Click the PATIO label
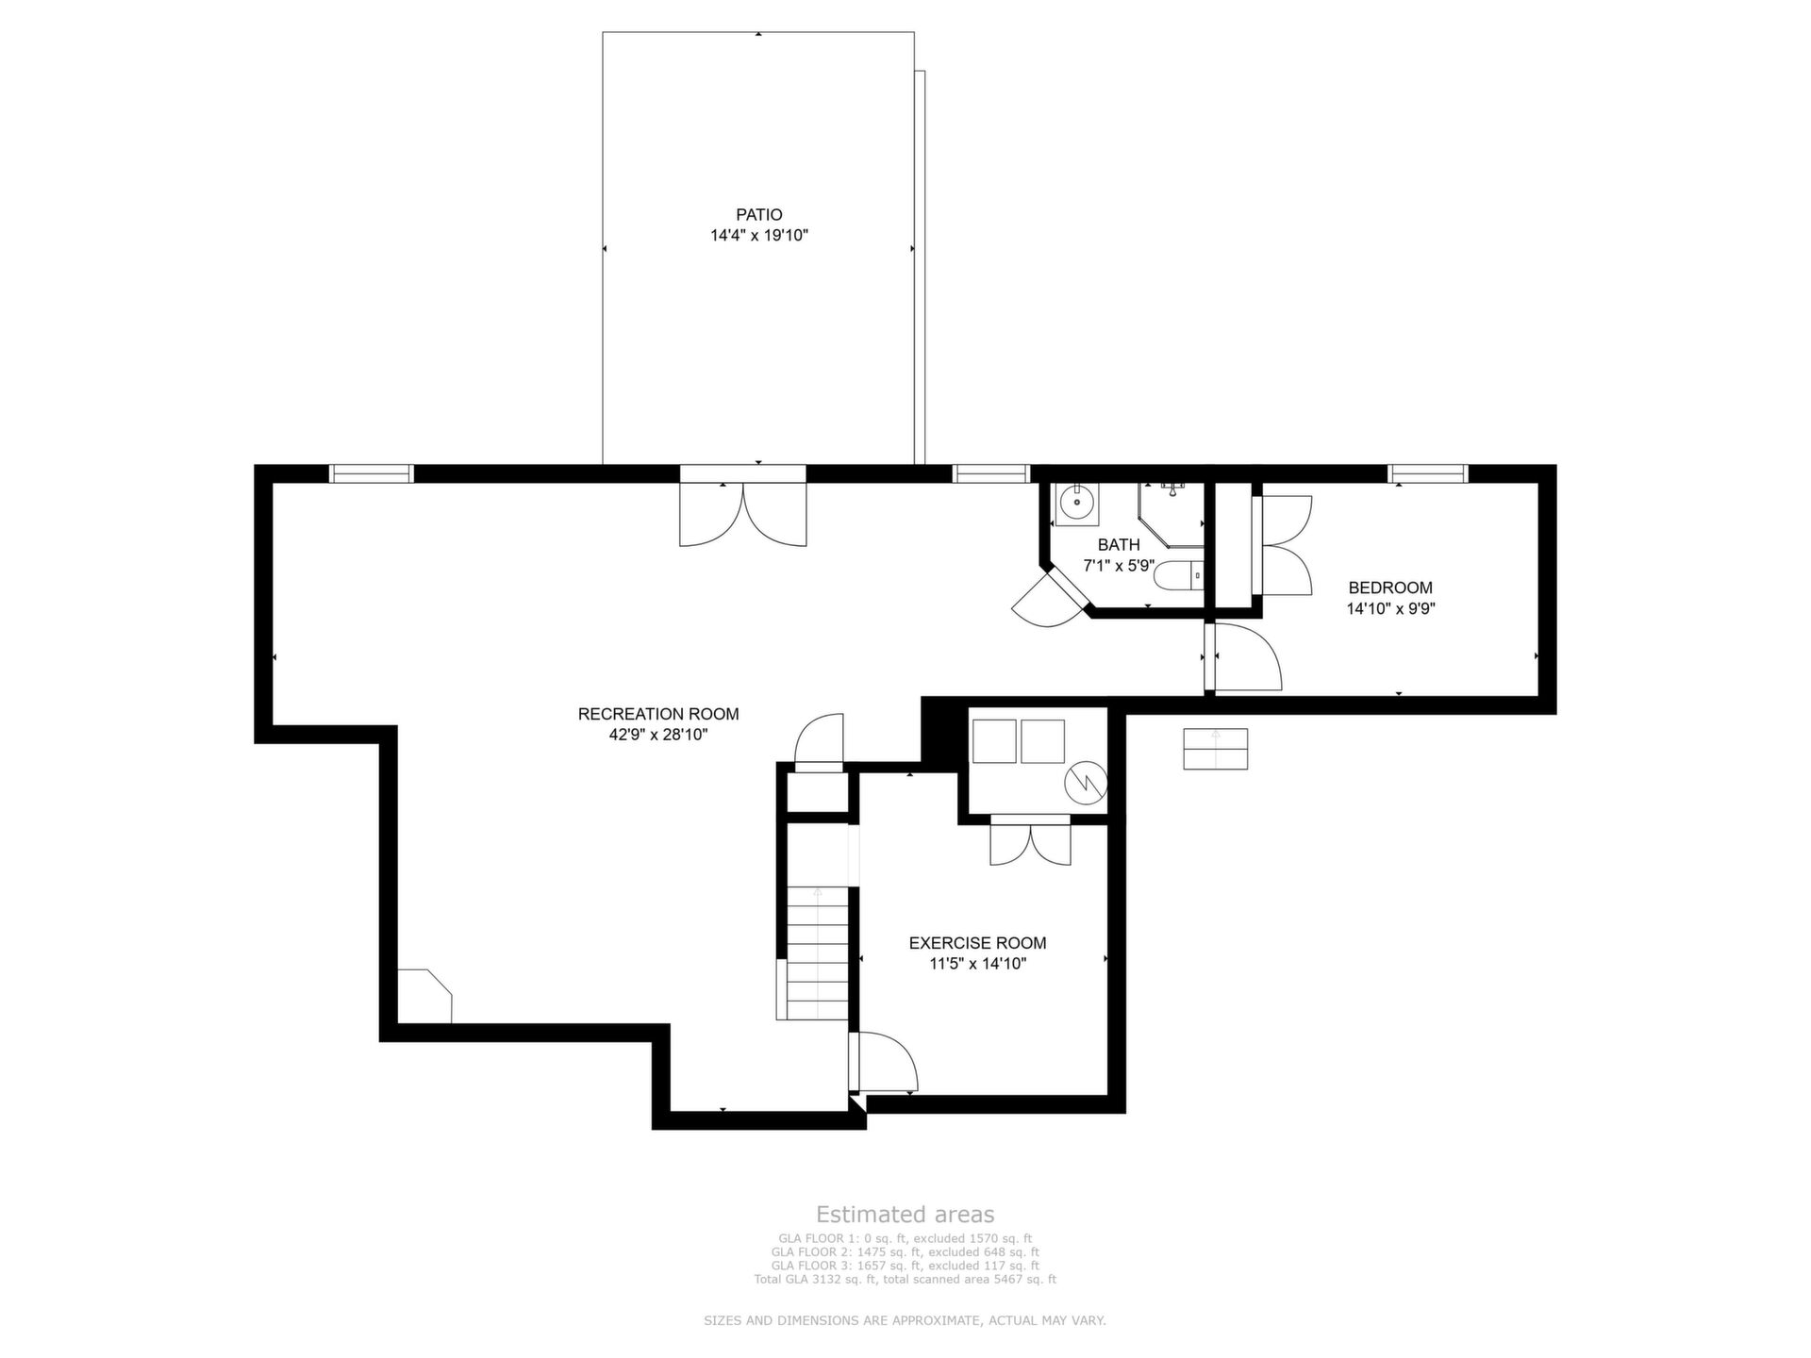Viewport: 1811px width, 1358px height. pyautogui.click(x=759, y=215)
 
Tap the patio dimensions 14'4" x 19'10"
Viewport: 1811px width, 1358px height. pyautogui.click(x=759, y=236)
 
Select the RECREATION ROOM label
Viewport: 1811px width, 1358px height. pyautogui.click(x=658, y=715)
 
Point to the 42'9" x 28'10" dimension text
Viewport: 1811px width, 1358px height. pyautogui.click(x=658, y=736)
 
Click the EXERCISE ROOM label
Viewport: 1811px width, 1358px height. pyautogui.click(x=977, y=943)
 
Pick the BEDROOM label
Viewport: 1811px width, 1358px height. pyautogui.click(x=1390, y=588)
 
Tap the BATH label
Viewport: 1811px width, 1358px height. pyautogui.click(x=1119, y=545)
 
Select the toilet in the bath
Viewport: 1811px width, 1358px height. pyautogui.click(x=1180, y=573)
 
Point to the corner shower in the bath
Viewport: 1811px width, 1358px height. pyautogui.click(x=1172, y=514)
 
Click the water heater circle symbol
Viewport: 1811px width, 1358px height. pyautogui.click(x=1086, y=782)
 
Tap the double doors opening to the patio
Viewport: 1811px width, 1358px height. pyautogui.click(x=743, y=514)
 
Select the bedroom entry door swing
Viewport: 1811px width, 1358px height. pyautogui.click(x=1246, y=656)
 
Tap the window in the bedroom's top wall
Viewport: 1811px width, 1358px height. pyautogui.click(x=1427, y=473)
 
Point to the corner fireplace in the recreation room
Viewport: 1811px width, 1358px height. pyautogui.click(x=424, y=996)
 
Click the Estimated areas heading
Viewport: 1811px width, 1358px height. pyautogui.click(x=905, y=1215)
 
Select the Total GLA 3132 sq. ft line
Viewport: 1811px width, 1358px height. pyautogui.click(x=905, y=1280)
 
